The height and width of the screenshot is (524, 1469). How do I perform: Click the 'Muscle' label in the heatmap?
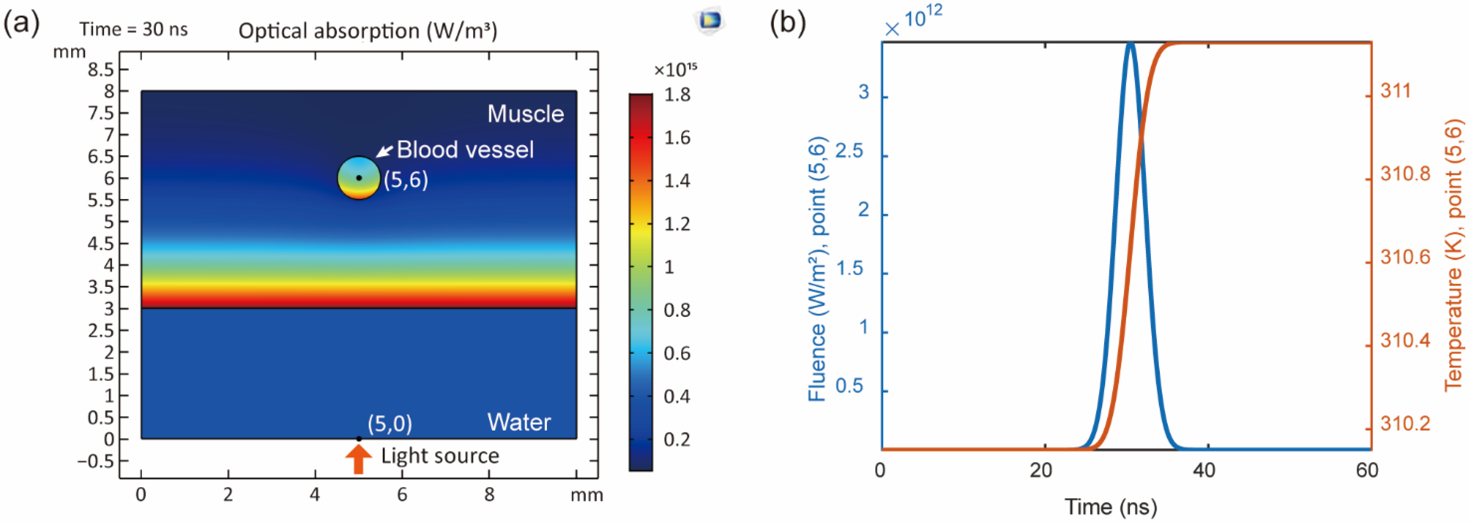(x=525, y=114)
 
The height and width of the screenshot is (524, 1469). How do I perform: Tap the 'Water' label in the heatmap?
(x=519, y=422)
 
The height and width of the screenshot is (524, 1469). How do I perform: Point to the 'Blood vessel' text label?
(x=465, y=150)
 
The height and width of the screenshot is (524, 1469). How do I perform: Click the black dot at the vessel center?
(x=359, y=178)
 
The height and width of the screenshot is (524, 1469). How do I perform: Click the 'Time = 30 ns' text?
(x=133, y=29)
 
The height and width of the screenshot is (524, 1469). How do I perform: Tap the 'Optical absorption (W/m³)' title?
(x=368, y=31)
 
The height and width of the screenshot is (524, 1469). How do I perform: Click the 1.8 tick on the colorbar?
(x=677, y=95)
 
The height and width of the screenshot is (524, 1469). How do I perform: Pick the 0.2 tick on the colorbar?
(x=677, y=440)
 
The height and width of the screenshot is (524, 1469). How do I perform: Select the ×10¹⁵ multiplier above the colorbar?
(x=675, y=69)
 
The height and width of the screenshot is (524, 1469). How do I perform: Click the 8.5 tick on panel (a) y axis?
(x=100, y=69)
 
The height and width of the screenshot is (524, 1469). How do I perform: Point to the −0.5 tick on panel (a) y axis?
(x=96, y=461)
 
